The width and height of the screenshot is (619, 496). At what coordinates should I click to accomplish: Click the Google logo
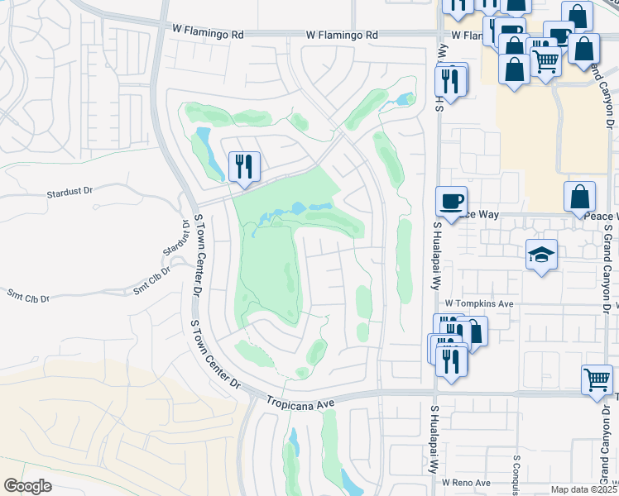28,485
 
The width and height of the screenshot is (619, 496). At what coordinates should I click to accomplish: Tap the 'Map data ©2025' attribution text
583,489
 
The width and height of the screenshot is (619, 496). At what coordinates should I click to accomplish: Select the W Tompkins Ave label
479,304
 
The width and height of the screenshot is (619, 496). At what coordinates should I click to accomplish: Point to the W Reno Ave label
466,482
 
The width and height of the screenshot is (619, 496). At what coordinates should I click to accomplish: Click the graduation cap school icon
542,255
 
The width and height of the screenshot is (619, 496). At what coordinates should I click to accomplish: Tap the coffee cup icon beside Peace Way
452,202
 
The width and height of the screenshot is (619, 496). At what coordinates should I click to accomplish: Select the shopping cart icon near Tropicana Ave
597,380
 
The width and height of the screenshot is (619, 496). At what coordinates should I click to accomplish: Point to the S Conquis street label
517,468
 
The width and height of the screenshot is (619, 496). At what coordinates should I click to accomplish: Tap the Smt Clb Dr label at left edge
28,295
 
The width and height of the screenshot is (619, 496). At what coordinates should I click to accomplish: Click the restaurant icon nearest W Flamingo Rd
450,80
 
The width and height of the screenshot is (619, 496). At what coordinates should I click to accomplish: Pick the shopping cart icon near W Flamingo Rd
545,60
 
